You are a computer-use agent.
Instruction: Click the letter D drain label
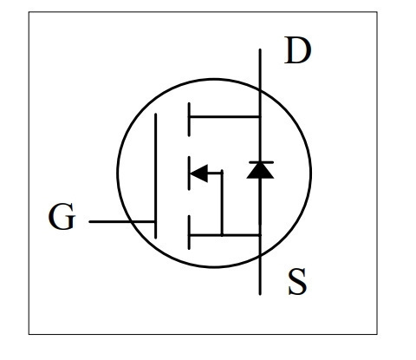[x=298, y=50]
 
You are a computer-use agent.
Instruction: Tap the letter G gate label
[x=62, y=217]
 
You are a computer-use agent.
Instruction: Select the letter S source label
[x=297, y=282]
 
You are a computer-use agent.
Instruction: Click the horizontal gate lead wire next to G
[x=121, y=222]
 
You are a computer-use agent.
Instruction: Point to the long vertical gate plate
[x=156, y=176]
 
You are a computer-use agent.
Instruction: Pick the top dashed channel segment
[x=189, y=119]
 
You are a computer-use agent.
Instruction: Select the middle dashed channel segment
[x=189, y=173]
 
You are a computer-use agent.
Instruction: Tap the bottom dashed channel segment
[x=189, y=232]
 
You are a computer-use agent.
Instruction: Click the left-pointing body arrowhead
[x=199, y=173]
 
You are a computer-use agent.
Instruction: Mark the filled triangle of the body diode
[x=260, y=171]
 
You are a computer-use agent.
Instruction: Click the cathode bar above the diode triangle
[x=261, y=162]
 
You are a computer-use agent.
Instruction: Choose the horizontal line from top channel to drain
[x=224, y=117]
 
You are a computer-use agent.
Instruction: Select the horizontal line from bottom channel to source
[x=224, y=235]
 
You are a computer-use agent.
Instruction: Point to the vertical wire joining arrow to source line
[x=222, y=203]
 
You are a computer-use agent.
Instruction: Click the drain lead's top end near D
[x=260, y=49]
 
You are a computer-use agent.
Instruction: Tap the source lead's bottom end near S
[x=260, y=294]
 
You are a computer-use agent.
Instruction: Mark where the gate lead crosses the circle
[x=132, y=222]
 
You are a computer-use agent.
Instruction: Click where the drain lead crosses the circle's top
[x=260, y=90]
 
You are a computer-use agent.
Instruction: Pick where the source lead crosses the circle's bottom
[x=260, y=255]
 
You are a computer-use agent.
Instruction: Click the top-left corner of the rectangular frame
[x=29, y=12]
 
